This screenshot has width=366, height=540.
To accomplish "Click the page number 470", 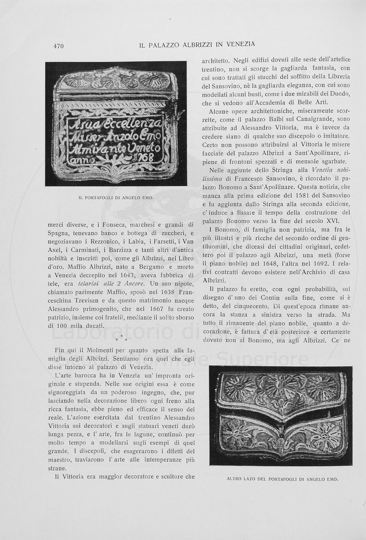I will pyautogui.click(x=58, y=45).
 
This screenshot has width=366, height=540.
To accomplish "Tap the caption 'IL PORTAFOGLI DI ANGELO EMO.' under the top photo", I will pyautogui.click(x=116, y=198).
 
